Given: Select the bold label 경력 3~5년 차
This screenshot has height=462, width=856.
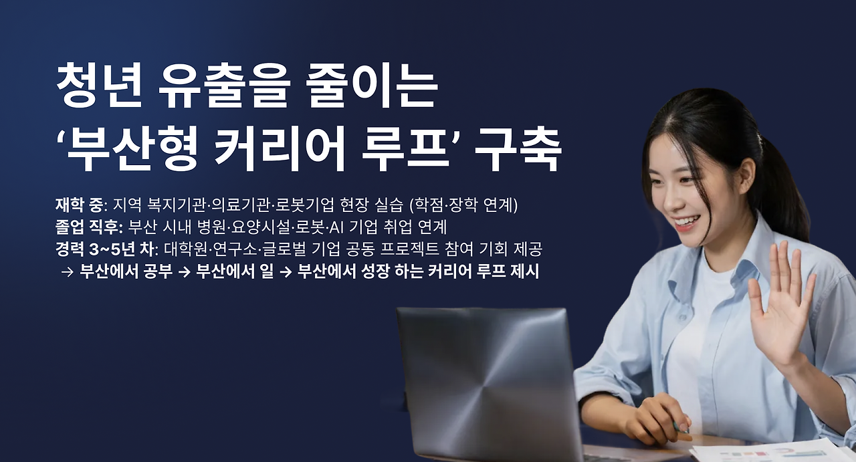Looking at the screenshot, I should (106, 249).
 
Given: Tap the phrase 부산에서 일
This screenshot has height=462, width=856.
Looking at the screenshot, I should (234, 272).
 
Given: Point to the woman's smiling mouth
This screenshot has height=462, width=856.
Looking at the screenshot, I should (685, 223).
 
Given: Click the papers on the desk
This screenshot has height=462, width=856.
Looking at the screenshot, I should (769, 451).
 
